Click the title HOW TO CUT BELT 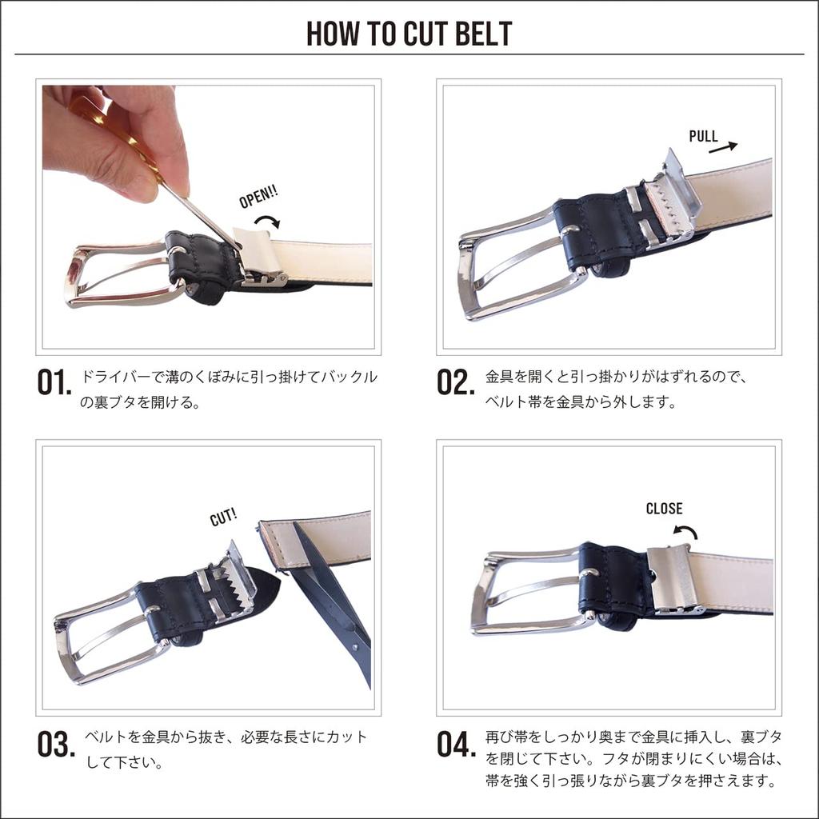(409, 34)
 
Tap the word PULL (703, 136)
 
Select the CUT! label (223, 517)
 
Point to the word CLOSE (664, 509)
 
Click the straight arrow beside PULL (723, 146)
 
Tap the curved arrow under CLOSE (685, 531)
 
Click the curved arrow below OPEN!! (267, 220)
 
